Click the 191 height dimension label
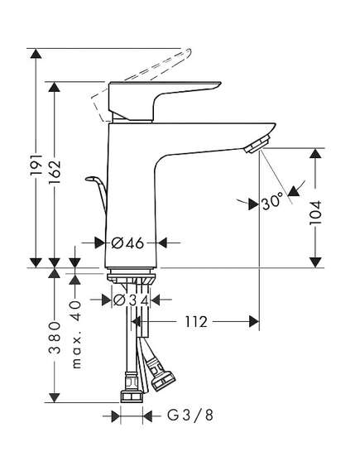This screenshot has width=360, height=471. click(37, 166)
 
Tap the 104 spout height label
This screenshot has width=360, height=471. click(315, 213)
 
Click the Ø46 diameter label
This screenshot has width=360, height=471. click(127, 243)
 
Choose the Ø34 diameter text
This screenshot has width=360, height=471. click(131, 300)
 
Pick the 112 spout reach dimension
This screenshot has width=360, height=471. click(195, 322)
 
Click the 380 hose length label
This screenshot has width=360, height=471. click(55, 338)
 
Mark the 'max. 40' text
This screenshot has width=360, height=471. click(75, 335)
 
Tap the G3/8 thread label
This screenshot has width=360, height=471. click(190, 416)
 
